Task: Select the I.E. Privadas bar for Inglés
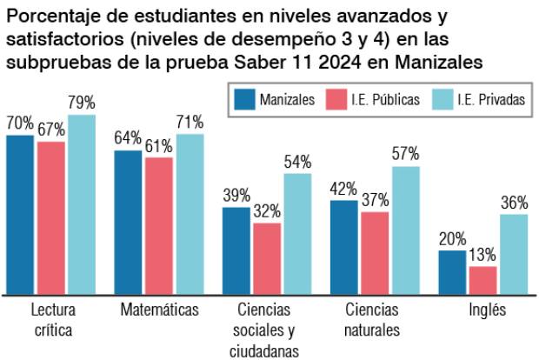(x=514, y=253)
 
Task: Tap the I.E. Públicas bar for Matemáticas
(x=158, y=225)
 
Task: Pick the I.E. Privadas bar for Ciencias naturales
(x=405, y=230)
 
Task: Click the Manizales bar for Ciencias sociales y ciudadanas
(x=236, y=250)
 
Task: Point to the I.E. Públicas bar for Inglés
(x=482, y=279)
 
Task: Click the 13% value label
(x=482, y=256)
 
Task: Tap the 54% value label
(x=297, y=163)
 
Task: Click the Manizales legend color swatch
(x=245, y=100)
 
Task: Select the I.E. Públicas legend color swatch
(x=339, y=100)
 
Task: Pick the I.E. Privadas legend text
(x=492, y=100)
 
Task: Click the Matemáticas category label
(x=159, y=310)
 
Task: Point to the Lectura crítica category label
(x=52, y=319)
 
